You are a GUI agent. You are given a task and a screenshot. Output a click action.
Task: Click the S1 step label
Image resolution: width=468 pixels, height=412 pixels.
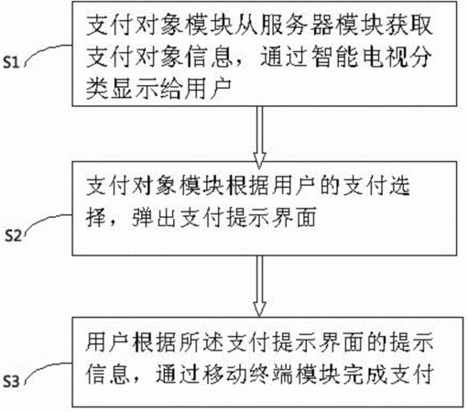coord(11,62)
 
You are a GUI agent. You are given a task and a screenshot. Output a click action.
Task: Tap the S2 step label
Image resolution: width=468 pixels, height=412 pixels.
coord(13,236)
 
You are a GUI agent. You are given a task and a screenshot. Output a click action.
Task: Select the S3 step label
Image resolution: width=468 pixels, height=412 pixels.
coord(11,381)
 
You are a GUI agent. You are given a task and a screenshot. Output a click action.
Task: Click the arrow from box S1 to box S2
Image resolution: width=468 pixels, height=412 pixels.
coord(259,137)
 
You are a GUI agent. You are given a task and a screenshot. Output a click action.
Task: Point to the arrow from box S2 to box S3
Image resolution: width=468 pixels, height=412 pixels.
coord(259,286)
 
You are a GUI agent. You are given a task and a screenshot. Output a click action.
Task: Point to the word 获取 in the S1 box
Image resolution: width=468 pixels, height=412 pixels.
coord(408,25)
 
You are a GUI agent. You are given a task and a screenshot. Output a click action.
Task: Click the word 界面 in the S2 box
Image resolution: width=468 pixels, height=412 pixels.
coord(292,217)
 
